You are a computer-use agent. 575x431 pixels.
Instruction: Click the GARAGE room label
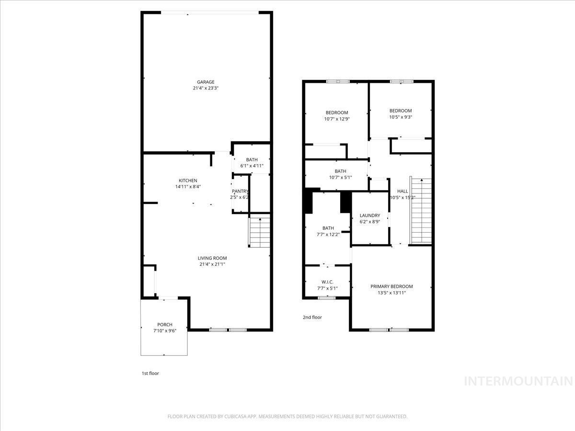(x=206, y=82)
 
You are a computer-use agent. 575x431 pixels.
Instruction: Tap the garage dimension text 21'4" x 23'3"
(x=206, y=89)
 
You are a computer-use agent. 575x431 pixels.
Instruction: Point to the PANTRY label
(x=240, y=191)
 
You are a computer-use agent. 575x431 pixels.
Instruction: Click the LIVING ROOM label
(x=212, y=258)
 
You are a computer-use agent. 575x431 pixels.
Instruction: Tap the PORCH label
(x=164, y=325)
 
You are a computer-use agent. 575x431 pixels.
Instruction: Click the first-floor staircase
(x=259, y=232)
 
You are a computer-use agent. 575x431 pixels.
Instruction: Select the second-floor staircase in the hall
(x=421, y=211)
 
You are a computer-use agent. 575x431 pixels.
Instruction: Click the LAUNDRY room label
(x=370, y=215)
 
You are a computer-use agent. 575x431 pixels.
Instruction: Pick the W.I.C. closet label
(x=327, y=282)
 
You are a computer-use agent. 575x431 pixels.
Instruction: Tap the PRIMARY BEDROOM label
(x=391, y=286)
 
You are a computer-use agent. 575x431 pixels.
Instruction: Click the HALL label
(x=402, y=191)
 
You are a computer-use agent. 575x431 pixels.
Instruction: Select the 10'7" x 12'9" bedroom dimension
(x=337, y=119)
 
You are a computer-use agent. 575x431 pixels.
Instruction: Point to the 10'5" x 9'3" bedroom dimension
(x=401, y=117)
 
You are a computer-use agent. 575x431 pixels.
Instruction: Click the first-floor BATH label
(x=252, y=160)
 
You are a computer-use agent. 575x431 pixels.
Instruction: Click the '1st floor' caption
(x=150, y=373)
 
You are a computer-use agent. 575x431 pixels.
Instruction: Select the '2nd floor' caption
(x=312, y=317)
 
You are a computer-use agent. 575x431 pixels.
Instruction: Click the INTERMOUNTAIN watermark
(x=519, y=381)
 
